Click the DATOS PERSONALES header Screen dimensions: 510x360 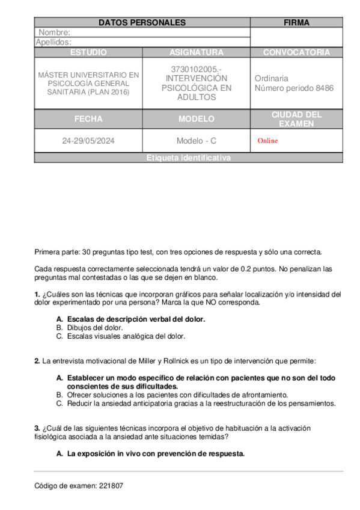point(142,23)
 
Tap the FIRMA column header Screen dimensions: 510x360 point(296,23)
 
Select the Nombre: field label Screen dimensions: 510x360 point(55,32)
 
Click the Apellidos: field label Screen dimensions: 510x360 point(53,42)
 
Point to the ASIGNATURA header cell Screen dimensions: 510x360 point(196,52)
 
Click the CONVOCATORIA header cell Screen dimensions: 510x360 point(296,52)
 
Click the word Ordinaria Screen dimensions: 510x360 point(271,78)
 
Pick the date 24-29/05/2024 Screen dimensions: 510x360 point(88,141)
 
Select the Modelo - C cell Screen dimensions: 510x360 point(196,141)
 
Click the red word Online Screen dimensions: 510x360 point(267,141)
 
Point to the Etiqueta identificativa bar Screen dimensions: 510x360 point(188,158)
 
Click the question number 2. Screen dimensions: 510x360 point(37,361)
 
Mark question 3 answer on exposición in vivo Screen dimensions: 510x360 point(155,453)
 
